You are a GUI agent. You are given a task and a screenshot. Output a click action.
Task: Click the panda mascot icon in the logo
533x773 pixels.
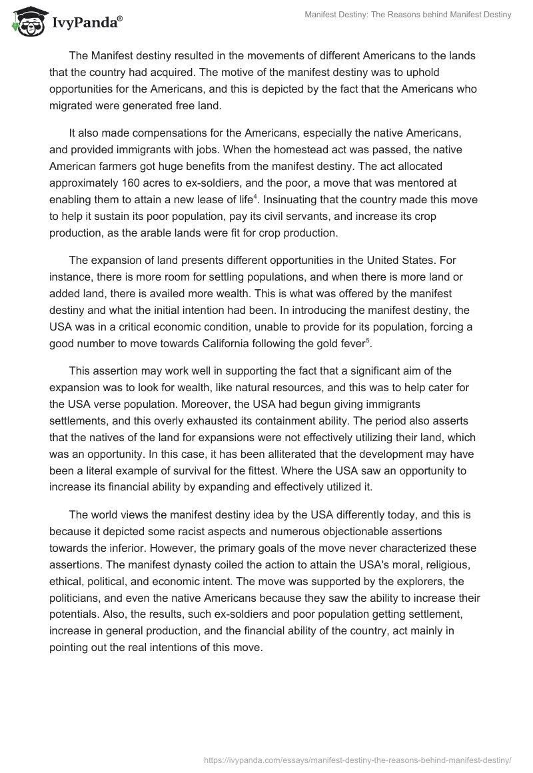tap(26, 21)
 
